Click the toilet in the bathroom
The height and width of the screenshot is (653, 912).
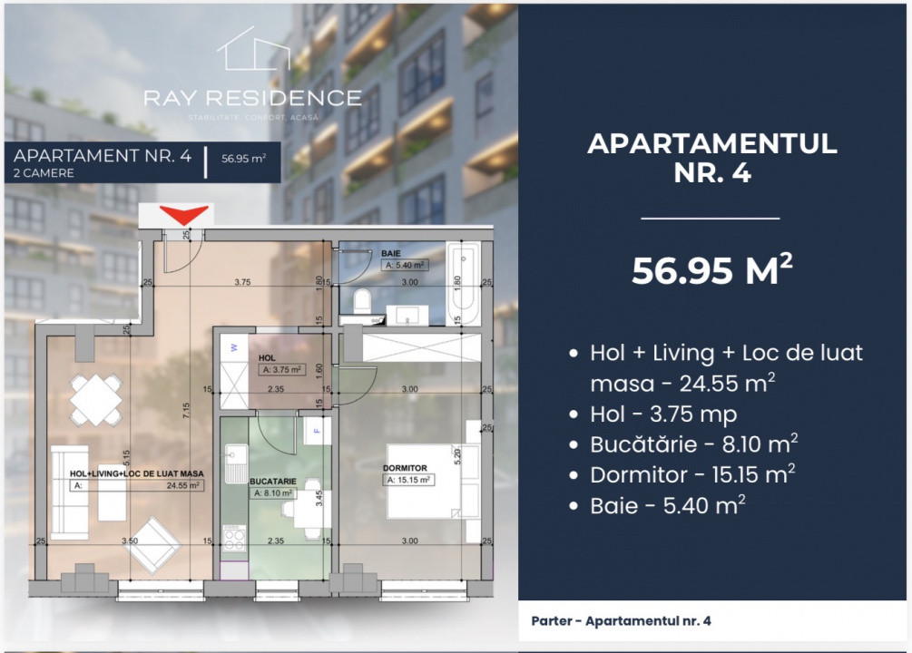click(x=361, y=298)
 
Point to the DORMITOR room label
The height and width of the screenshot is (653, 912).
click(x=404, y=468)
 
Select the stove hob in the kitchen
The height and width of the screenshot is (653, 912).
click(x=234, y=538)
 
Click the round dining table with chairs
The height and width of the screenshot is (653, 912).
click(x=97, y=400)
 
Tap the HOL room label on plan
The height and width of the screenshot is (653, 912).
click(x=267, y=358)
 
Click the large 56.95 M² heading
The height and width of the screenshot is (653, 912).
click(x=712, y=269)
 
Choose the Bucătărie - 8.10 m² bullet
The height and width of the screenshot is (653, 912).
click(x=694, y=444)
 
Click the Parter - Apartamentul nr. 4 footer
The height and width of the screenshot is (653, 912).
click(x=622, y=621)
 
